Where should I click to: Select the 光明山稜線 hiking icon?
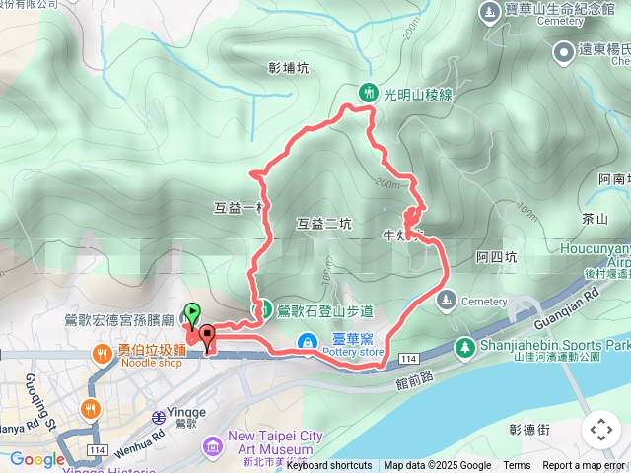[369, 94]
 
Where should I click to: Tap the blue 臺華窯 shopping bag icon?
[310, 342]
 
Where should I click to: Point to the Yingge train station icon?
[159, 418]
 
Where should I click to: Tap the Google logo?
[37, 459]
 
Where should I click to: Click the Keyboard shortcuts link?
[329, 466]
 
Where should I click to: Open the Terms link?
[517, 466]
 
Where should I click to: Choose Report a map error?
[584, 466]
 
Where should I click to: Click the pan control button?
[600, 430]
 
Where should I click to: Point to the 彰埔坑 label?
[288, 68]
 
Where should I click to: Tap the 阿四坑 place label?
[496, 257]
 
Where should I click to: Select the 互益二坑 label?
[324, 224]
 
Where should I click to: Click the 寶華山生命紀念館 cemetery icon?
[489, 12]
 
